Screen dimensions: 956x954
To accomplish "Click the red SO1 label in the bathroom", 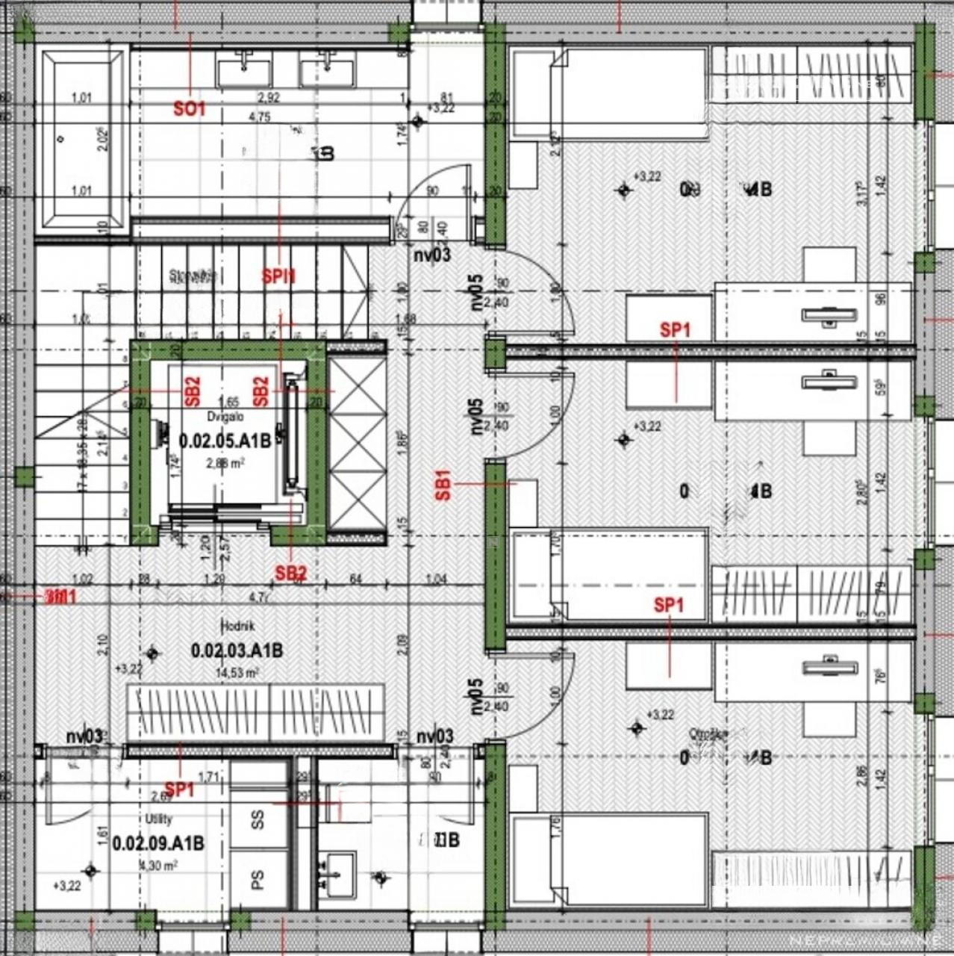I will coord(189,109).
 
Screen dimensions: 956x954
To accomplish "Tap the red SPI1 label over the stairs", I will coord(278,276).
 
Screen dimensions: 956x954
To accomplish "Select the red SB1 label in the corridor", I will coord(443,485).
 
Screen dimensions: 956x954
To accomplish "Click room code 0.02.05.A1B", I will coord(225,441).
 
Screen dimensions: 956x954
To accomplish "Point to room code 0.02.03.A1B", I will coord(237,651).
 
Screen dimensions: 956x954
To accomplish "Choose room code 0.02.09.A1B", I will coord(158,843).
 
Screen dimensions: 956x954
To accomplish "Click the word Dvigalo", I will coord(225,417).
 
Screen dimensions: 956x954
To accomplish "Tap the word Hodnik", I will coord(237,626).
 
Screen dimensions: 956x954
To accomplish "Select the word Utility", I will coord(158,819).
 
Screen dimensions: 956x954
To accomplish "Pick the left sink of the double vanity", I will coord(243,72).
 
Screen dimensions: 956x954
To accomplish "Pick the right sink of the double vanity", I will coord(327,72).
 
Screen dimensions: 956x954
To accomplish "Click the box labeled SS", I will coord(258,819).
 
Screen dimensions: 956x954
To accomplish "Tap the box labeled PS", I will coord(258,880).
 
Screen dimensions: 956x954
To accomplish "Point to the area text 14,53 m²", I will coord(237,673).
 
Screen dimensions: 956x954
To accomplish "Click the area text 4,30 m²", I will coord(158,866).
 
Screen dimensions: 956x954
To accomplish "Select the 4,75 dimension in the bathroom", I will coord(259,117).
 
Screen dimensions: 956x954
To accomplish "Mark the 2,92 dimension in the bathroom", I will coord(268,97).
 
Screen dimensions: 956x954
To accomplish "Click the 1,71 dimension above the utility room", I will coord(209,777).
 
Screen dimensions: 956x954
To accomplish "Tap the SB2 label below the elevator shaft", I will coord(290,573).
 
